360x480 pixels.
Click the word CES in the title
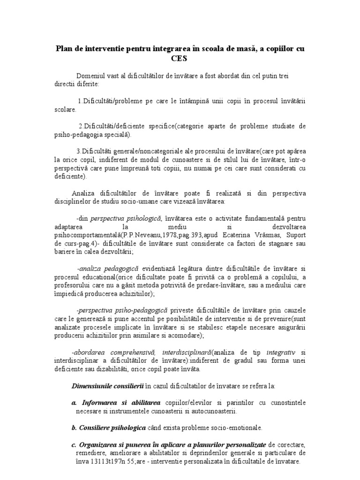180,59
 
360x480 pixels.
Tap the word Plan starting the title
64,49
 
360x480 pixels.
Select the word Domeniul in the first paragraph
92,76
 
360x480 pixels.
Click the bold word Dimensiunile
92,386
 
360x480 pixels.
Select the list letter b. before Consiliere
74,427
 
